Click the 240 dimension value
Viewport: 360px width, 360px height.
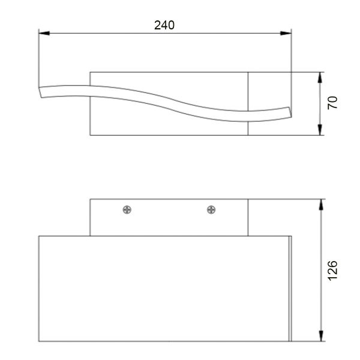pyautogui.click(x=164, y=25)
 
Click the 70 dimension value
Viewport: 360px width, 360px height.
pyautogui.click(x=334, y=103)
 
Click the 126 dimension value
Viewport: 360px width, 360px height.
pyautogui.click(x=334, y=270)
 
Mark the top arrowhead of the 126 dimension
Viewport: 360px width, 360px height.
pyautogui.click(x=321, y=203)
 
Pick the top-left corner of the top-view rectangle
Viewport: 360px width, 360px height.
pyautogui.click(x=90, y=73)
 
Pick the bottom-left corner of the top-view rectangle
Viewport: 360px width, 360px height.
pyautogui.click(x=90, y=135)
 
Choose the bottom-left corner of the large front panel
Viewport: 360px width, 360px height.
pyautogui.click(x=39, y=342)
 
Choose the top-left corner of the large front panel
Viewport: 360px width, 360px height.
pyautogui.click(x=39, y=236)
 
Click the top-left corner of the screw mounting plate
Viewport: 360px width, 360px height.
pyautogui.click(x=90, y=199)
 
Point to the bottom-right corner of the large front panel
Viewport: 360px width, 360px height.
pyautogui.click(x=292, y=342)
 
